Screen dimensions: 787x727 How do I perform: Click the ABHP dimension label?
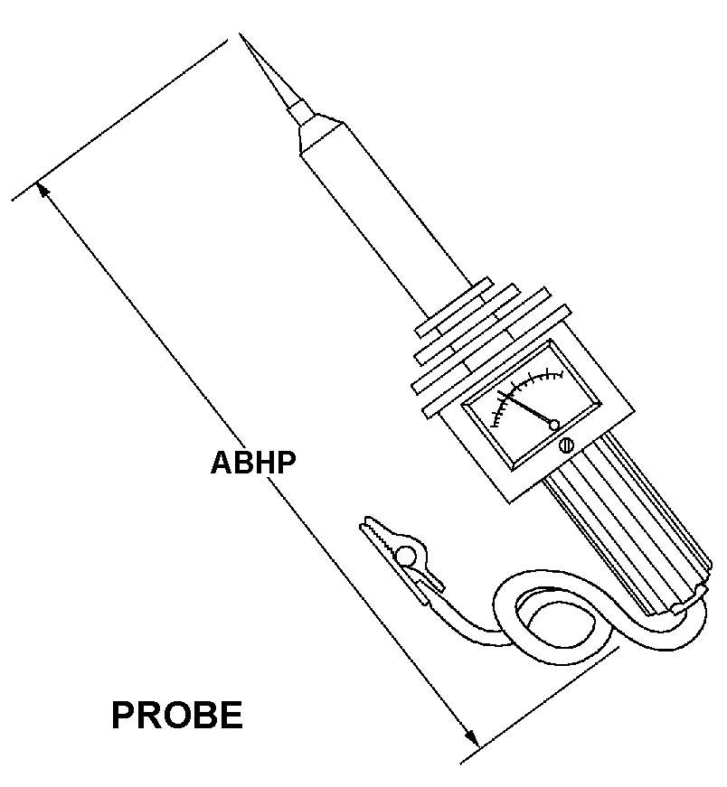(253, 463)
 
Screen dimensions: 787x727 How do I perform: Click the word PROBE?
(177, 716)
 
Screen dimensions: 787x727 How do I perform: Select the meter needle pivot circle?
(554, 424)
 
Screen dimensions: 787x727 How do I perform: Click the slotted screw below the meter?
(568, 445)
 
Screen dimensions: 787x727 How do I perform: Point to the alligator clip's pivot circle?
(408, 555)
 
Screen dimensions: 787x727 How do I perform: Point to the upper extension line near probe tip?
(118, 117)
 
